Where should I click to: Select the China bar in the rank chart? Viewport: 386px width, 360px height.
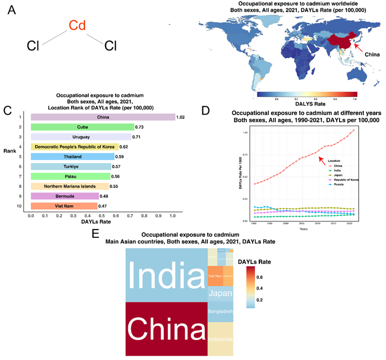(x=102, y=117)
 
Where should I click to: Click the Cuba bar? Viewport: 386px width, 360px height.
(x=82, y=127)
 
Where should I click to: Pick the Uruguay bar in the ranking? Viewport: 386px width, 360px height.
(x=81, y=137)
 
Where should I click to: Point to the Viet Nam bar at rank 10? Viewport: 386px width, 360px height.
(x=64, y=206)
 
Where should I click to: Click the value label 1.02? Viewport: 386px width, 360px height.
(x=181, y=117)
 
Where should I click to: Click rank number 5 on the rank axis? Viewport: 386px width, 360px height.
(x=19, y=156)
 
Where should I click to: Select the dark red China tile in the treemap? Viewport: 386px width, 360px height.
(x=166, y=329)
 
